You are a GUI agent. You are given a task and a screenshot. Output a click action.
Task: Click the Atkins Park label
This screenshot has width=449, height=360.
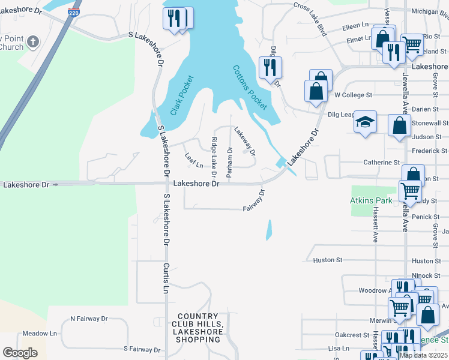pyautogui.click(x=371, y=200)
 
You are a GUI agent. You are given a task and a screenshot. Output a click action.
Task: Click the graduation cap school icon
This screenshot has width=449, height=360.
pyautogui.click(x=364, y=122)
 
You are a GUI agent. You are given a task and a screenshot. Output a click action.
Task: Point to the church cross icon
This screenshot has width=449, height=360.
pyautogui.click(x=34, y=42)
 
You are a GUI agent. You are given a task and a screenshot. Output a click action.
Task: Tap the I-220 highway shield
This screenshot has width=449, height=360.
pyautogui.click(x=73, y=12)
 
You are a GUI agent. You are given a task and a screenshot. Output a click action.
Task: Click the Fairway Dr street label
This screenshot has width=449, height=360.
pyautogui.click(x=255, y=201)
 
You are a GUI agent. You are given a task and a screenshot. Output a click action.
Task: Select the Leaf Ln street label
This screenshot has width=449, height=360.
pyautogui.click(x=194, y=160)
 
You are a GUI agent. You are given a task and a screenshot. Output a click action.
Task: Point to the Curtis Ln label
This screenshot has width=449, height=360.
pyautogui.click(x=166, y=277)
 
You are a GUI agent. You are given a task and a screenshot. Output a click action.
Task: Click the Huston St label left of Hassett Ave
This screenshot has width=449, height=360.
pyautogui.click(x=327, y=260)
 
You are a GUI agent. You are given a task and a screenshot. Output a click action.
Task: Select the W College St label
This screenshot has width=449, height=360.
pyautogui.click(x=354, y=95)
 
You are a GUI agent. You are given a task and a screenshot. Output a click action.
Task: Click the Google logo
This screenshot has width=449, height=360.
pyautogui.click(x=20, y=353)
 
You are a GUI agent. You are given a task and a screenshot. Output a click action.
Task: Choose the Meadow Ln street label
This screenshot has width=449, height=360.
pyautogui.click(x=40, y=333)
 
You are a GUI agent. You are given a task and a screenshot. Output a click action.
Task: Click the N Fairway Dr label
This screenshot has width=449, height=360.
pyautogui.click(x=89, y=319)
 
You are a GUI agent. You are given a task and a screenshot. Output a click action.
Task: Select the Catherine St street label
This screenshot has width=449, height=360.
pyautogui.click(x=382, y=163)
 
